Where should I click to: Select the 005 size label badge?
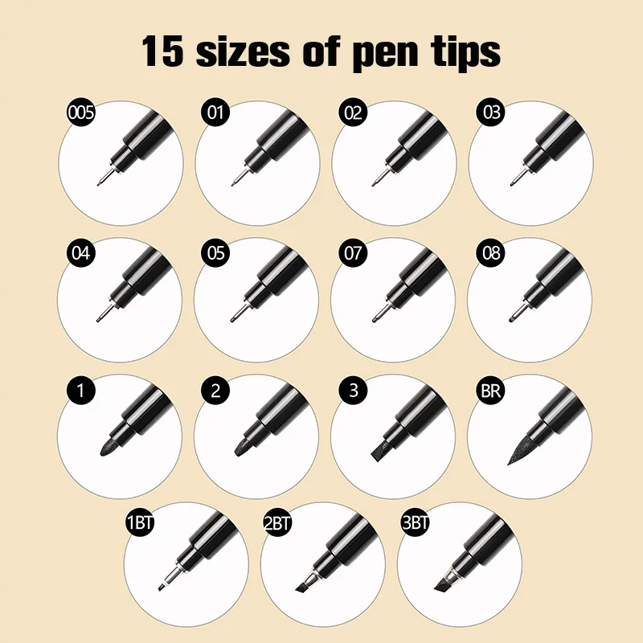click(80, 113)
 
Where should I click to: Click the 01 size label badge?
click(215, 113)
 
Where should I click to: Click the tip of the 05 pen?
click(235, 318)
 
